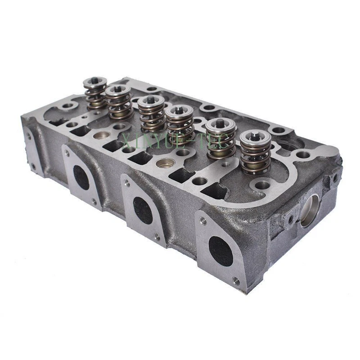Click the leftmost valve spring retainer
click(95, 82)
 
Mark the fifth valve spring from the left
click(220, 139)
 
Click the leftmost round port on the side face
click(81, 177)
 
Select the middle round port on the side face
click(143, 210)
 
